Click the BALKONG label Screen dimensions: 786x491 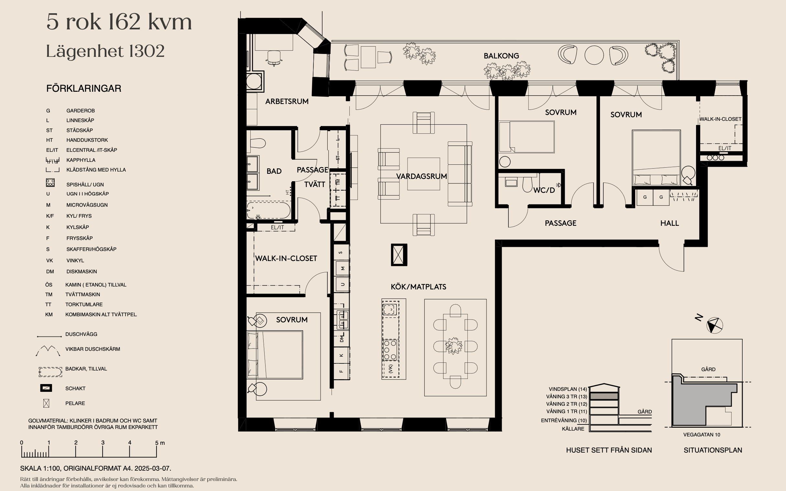501,56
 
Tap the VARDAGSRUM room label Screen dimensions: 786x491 421,176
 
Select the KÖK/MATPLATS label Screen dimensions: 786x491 418,287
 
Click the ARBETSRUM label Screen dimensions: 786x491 287,101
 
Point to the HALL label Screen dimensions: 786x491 670,223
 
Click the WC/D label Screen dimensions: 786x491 544,190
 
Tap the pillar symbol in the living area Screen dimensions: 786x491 399,255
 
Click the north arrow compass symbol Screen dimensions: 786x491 715,325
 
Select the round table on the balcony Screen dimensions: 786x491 594,55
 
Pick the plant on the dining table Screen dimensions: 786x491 453,346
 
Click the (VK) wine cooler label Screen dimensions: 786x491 390,369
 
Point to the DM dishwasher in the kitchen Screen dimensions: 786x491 341,339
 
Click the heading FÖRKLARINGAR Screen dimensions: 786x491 83,88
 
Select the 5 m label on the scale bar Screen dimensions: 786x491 159,443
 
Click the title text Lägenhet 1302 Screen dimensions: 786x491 105,51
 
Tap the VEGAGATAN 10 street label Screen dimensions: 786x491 702,435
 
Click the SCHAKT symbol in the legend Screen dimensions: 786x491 46,388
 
